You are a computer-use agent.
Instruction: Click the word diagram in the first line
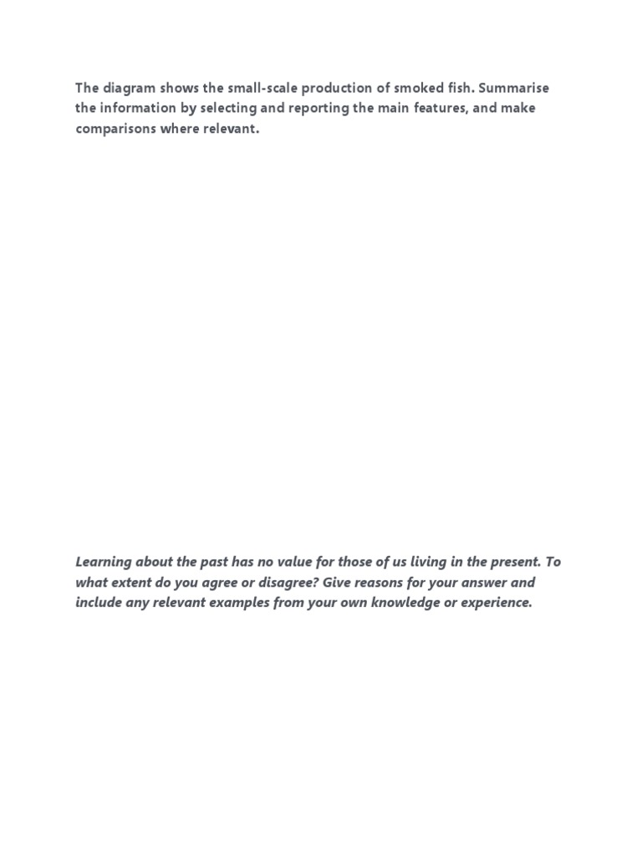[x=127, y=89]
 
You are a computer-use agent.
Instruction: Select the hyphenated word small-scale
[x=262, y=89]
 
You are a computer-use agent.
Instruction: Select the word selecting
[x=230, y=110]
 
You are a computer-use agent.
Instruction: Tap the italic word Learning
[x=104, y=563]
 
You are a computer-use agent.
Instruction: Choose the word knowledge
[x=395, y=603]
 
